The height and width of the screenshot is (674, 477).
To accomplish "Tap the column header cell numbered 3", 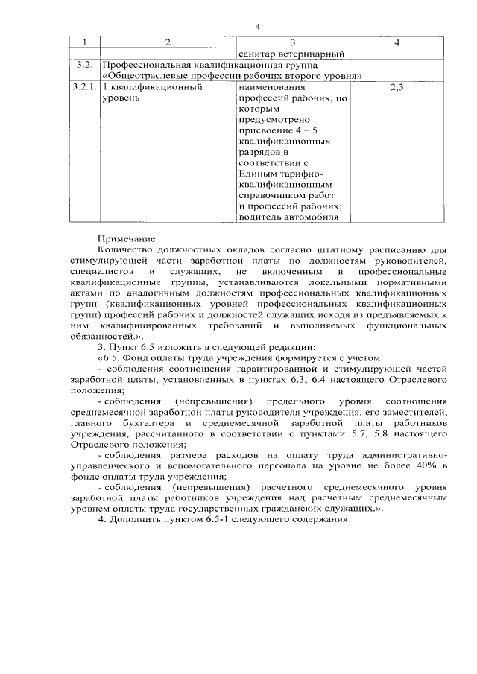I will click(293, 42).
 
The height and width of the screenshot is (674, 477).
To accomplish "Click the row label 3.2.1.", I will click(85, 87).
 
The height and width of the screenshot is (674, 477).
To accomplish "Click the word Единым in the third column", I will click(257, 173).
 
